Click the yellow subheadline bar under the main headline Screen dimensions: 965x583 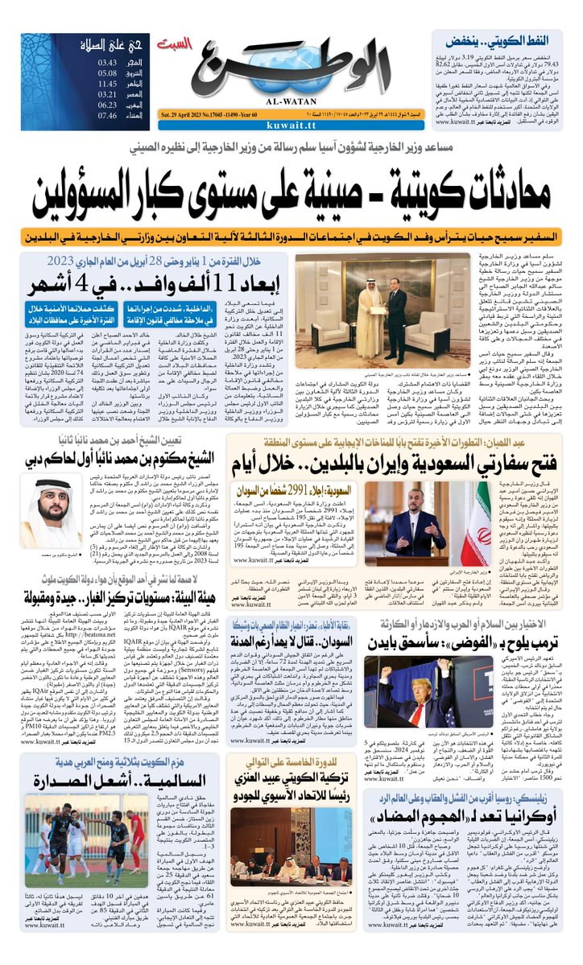291,239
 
